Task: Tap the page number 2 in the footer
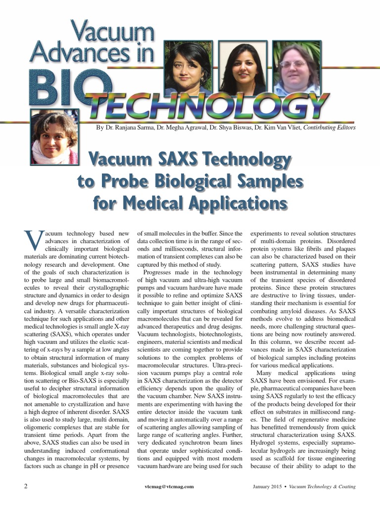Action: point(26,486)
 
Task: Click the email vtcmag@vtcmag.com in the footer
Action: point(167,487)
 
